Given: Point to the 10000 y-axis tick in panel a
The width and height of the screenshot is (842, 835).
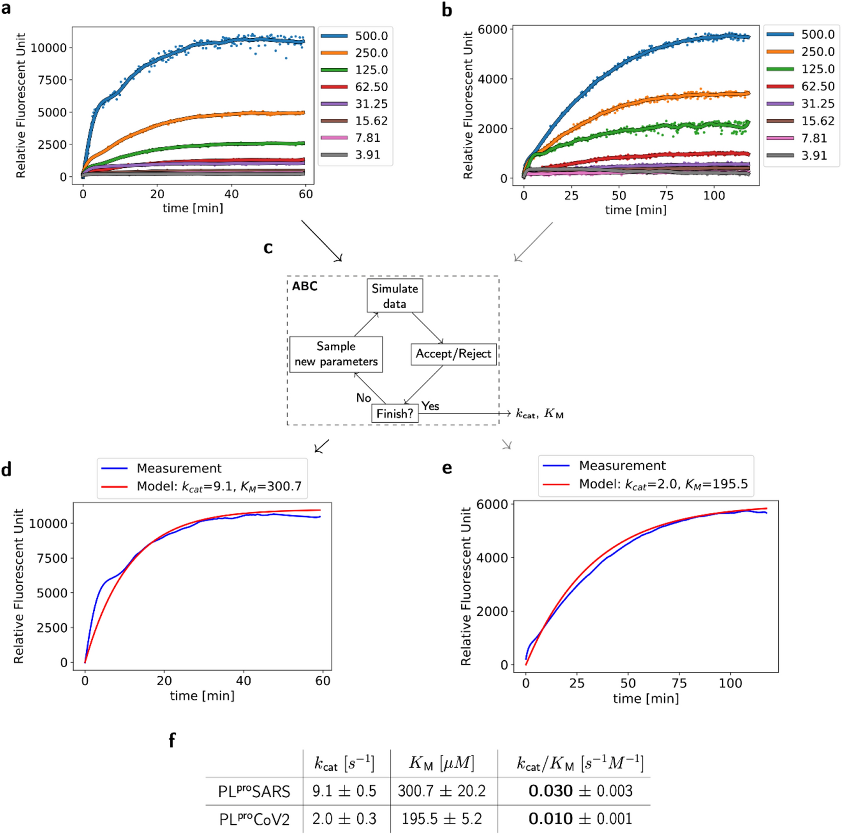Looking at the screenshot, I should [48, 48].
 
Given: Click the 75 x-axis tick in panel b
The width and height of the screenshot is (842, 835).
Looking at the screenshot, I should [666, 196].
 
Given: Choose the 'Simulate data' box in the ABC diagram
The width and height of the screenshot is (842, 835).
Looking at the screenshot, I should [394, 296].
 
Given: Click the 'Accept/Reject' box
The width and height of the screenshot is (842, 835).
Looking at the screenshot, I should [453, 354].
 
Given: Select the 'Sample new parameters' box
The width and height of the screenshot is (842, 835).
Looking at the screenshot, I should [336, 354].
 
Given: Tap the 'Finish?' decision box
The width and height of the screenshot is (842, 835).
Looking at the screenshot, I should [394, 413].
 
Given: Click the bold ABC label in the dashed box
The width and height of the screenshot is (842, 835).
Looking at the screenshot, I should [304, 286].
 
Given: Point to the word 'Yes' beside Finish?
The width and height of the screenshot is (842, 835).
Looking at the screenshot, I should [430, 406].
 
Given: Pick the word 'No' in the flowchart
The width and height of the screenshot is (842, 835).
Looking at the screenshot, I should [363, 398].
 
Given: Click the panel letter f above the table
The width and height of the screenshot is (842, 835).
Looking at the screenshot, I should [172, 741].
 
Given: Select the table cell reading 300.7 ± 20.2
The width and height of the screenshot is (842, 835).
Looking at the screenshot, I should [441, 791].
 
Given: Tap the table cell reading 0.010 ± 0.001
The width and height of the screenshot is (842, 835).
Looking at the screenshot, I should [580, 819].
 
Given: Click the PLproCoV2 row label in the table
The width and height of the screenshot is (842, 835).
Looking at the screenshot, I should [254, 819].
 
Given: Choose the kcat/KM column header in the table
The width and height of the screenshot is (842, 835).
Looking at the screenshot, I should [580, 763].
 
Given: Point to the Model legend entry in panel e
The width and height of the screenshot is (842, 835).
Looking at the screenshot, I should [663, 484].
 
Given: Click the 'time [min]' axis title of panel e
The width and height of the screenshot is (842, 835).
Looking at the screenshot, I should [645, 698].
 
